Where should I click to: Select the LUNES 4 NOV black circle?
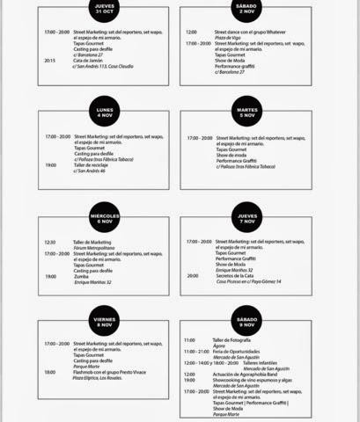106,112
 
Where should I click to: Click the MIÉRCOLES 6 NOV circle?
106,218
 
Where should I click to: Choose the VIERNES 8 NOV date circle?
106,323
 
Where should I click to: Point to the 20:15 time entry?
49,61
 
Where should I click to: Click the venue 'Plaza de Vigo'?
227,37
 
